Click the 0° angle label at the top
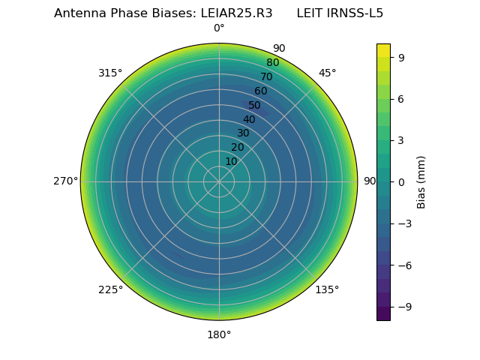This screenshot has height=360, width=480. [x=219, y=28]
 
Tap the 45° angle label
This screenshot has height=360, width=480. [x=327, y=73]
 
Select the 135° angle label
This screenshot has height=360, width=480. [x=327, y=289]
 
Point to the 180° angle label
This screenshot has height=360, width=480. [x=219, y=334]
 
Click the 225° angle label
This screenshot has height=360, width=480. [x=110, y=289]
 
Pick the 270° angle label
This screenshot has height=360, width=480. [x=65, y=181]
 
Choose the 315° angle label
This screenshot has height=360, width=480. [x=110, y=73]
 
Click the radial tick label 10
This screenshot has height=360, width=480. [x=231, y=161]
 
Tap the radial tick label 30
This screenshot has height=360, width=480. [x=243, y=133]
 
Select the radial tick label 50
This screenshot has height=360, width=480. [x=255, y=106]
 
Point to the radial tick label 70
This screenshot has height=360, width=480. [x=266, y=77]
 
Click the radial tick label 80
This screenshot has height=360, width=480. [x=272, y=63]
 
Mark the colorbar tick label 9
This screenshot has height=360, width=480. [x=402, y=57]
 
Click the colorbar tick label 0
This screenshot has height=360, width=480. [x=402, y=181]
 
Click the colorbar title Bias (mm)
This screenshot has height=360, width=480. [x=421, y=181]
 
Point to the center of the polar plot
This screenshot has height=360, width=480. [x=219, y=181]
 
